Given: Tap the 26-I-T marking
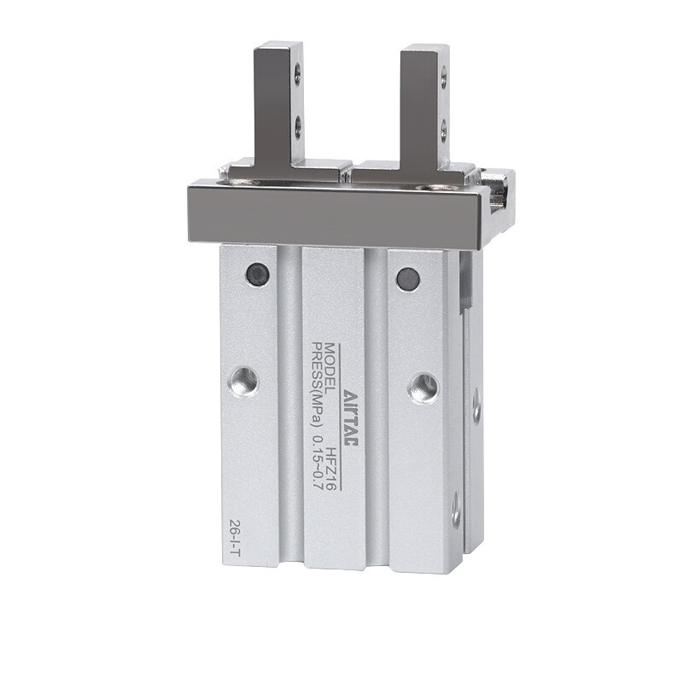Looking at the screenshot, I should [234, 539].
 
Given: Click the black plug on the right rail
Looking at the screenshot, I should [408, 278].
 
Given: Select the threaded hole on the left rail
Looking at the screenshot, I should [245, 381].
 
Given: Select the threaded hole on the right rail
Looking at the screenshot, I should [423, 388].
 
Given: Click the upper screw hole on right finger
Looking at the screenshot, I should [443, 79].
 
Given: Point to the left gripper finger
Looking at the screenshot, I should [277, 102].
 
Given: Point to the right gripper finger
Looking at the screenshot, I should [423, 107].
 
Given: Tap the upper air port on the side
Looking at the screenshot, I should [476, 406].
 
